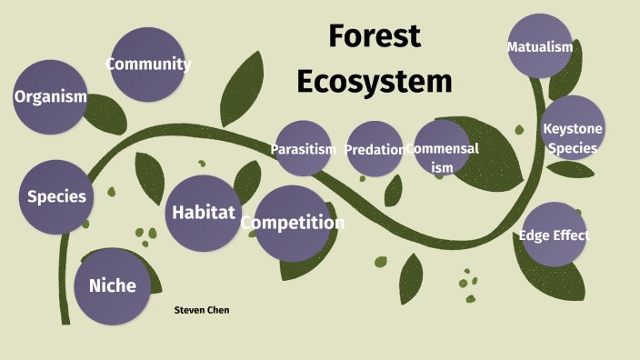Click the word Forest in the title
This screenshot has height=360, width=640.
(x=375, y=36)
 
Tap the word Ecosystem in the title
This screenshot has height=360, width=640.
(x=375, y=81)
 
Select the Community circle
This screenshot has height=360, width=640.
(x=147, y=64)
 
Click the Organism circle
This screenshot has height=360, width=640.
(x=51, y=96)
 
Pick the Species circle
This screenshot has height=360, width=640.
(x=56, y=196)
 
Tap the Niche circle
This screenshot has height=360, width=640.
(x=112, y=286)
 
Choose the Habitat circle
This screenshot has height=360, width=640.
(x=204, y=213)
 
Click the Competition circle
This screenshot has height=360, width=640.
(x=292, y=223)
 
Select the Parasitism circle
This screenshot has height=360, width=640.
(x=304, y=149)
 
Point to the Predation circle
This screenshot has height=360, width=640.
(x=374, y=149)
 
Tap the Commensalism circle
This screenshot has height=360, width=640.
(x=442, y=147)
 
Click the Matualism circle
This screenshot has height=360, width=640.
(x=540, y=46)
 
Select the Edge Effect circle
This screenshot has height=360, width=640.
(x=554, y=235)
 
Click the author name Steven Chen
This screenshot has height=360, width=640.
(x=202, y=310)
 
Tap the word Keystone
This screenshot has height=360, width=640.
(x=572, y=128)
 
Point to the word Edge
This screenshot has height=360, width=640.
(x=535, y=235)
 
